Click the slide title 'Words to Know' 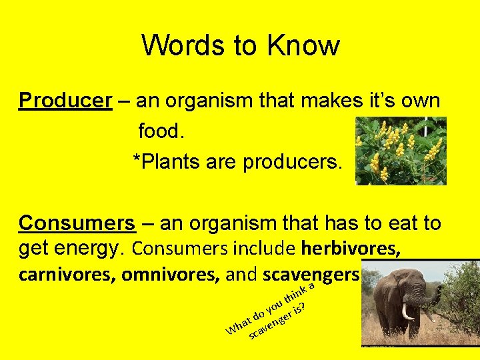[240, 46]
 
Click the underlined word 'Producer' [65, 101]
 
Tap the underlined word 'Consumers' [77, 223]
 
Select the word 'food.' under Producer [159, 131]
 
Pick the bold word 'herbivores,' [351, 249]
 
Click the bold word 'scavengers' [311, 275]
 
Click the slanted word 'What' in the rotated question [239, 323]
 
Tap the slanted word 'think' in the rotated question [295, 294]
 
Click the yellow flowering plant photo [400, 151]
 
